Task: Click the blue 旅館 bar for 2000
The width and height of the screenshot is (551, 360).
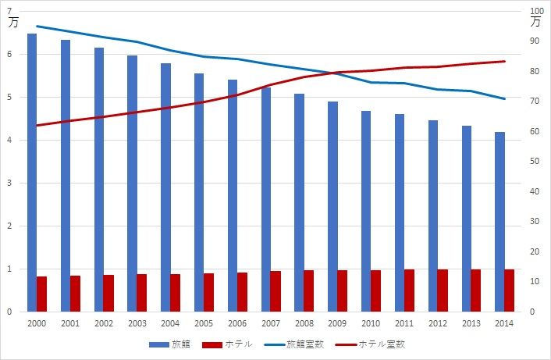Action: pos(32,173)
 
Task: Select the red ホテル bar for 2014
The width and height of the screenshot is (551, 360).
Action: pos(510,290)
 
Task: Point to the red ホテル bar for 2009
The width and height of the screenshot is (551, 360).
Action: pos(343,291)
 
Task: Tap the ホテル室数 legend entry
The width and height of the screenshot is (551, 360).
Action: pos(369,344)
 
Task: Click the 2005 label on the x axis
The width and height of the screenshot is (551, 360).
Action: pos(204,323)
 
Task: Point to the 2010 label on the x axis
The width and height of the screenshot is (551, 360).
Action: pos(371,323)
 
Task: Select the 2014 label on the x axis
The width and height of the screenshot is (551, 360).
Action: pos(504,323)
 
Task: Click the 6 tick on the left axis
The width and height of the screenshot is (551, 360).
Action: pos(9,54)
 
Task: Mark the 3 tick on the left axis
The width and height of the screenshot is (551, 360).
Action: pos(9,183)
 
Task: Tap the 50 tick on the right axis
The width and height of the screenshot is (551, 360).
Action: pos(535,162)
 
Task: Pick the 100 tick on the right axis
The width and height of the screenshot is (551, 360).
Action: pos(536,11)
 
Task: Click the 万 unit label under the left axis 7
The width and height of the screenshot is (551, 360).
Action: pos(12,23)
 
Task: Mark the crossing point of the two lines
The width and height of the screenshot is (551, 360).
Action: pos(339,73)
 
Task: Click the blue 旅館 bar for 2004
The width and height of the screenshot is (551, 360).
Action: pos(166,187)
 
